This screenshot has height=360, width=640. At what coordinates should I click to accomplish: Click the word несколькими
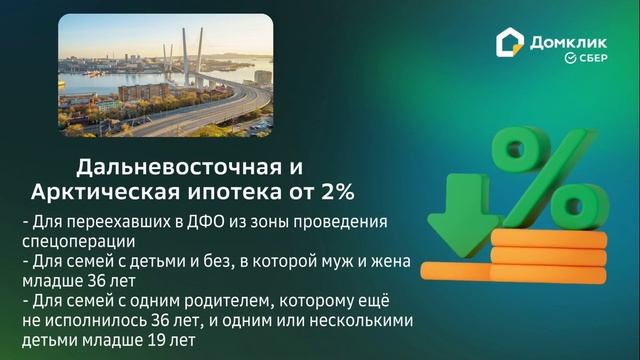click(357, 321)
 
